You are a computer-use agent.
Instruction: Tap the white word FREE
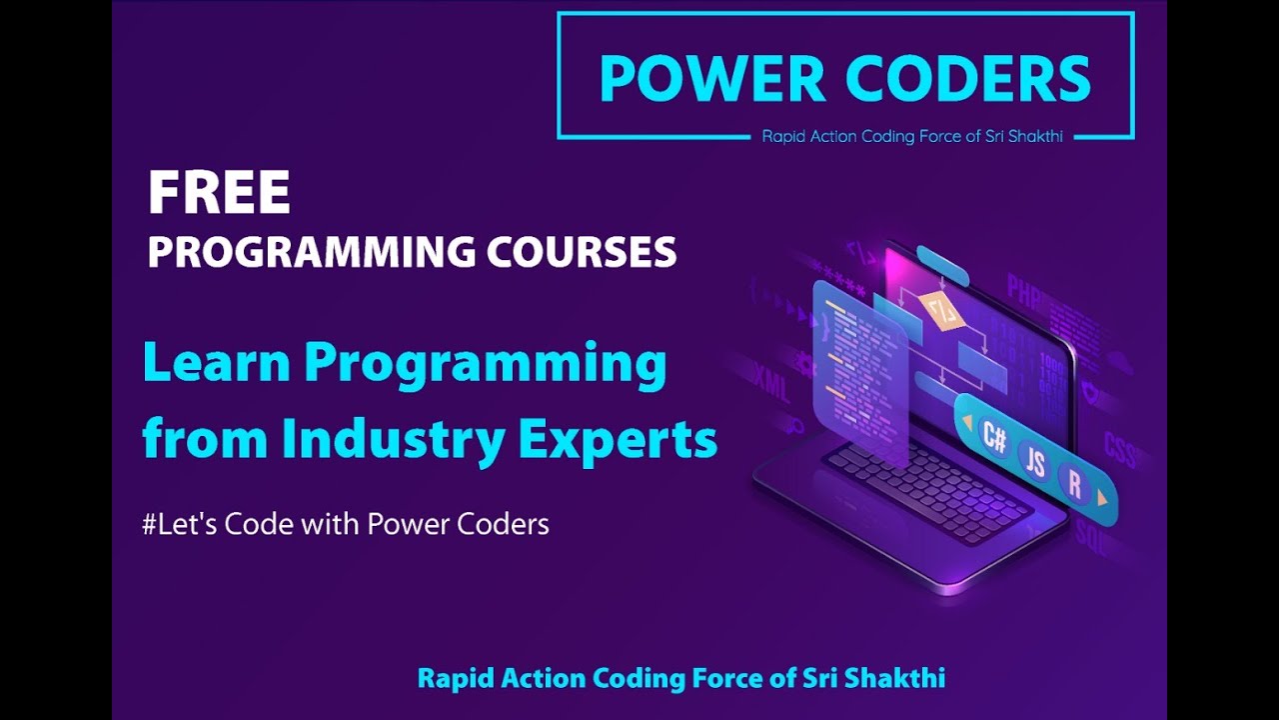click(219, 194)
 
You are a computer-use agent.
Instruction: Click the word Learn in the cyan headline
click(216, 362)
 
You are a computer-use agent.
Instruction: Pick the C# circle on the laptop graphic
click(994, 437)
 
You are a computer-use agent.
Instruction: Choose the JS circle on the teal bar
click(1036, 462)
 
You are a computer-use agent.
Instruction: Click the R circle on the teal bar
click(1075, 485)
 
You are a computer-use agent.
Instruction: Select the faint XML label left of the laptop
click(772, 381)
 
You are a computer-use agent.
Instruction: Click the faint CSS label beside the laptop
click(1120, 450)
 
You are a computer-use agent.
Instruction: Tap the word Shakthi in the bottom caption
click(894, 678)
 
